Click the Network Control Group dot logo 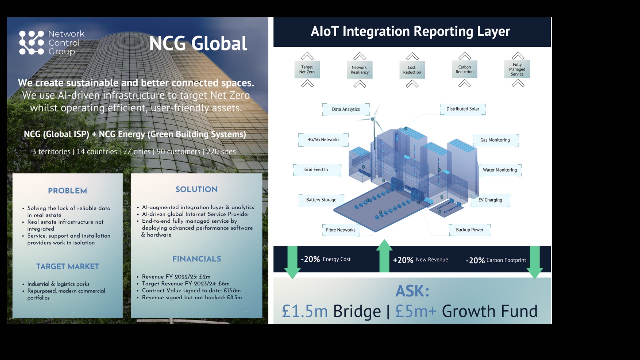click(x=31, y=43)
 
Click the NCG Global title click(x=198, y=43)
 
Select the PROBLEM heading click(x=67, y=191)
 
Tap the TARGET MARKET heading click(x=68, y=266)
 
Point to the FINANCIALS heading click(x=197, y=259)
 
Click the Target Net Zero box click(x=307, y=69)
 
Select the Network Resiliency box click(x=359, y=70)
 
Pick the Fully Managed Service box click(x=517, y=69)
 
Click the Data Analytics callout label click(x=346, y=109)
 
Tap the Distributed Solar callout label click(x=463, y=109)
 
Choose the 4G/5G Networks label click(x=323, y=140)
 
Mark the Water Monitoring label click(x=500, y=170)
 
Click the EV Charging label click(x=490, y=200)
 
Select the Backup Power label click(x=469, y=230)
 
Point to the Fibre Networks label click(x=341, y=230)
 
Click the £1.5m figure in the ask click(x=305, y=311)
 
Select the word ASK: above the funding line click(x=412, y=291)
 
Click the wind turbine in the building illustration click(x=373, y=120)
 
